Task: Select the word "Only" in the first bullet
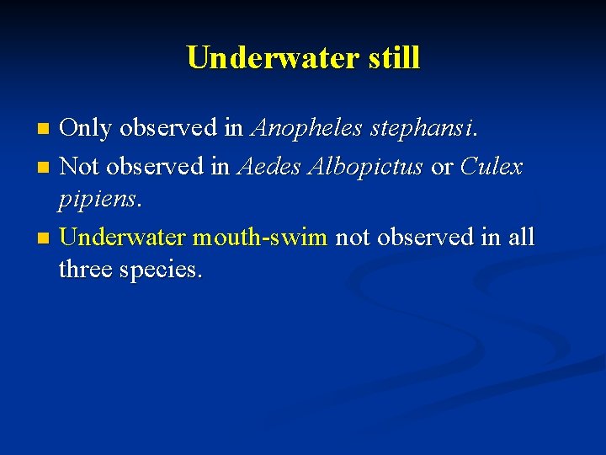[87, 128]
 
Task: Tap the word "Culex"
[492, 166]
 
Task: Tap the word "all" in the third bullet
[520, 238]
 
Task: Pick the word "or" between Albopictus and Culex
[442, 167]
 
